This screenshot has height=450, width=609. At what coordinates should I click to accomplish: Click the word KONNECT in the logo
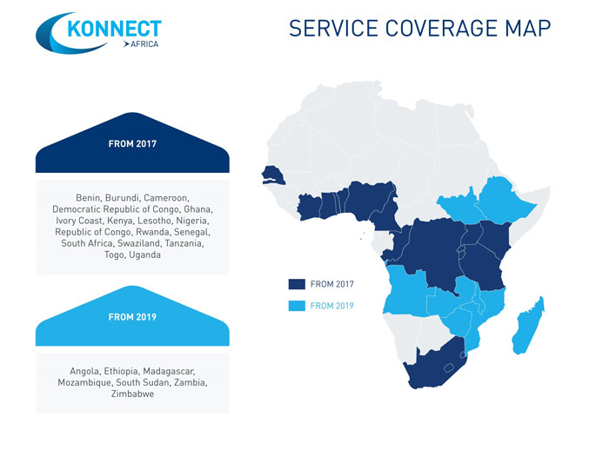point(114,29)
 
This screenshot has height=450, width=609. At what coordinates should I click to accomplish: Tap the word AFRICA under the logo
point(144,44)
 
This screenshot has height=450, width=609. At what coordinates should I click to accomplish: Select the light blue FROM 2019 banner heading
point(132,316)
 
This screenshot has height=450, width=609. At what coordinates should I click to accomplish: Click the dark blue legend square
point(297,284)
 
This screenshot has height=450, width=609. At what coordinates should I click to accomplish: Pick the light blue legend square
point(297,306)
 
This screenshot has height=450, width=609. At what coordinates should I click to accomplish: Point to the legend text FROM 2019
point(332,306)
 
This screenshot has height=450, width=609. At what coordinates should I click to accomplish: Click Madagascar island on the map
point(529,326)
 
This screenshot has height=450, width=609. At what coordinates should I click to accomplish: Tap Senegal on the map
point(271,175)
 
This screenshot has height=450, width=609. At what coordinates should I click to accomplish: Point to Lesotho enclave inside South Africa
point(449,367)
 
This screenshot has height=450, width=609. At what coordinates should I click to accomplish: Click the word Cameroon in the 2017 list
point(166,198)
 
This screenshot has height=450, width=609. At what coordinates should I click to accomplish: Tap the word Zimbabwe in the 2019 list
point(132,394)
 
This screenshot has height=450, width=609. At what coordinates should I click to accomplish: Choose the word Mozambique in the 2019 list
point(84,382)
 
